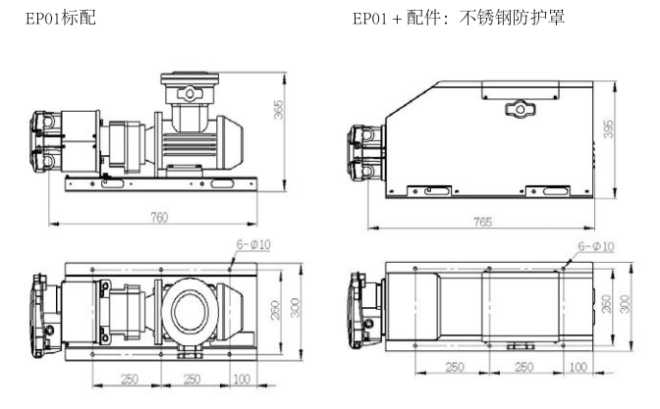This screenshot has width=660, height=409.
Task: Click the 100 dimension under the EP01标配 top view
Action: pos(243,380)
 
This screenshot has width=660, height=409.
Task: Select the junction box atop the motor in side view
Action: pos(192,89)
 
